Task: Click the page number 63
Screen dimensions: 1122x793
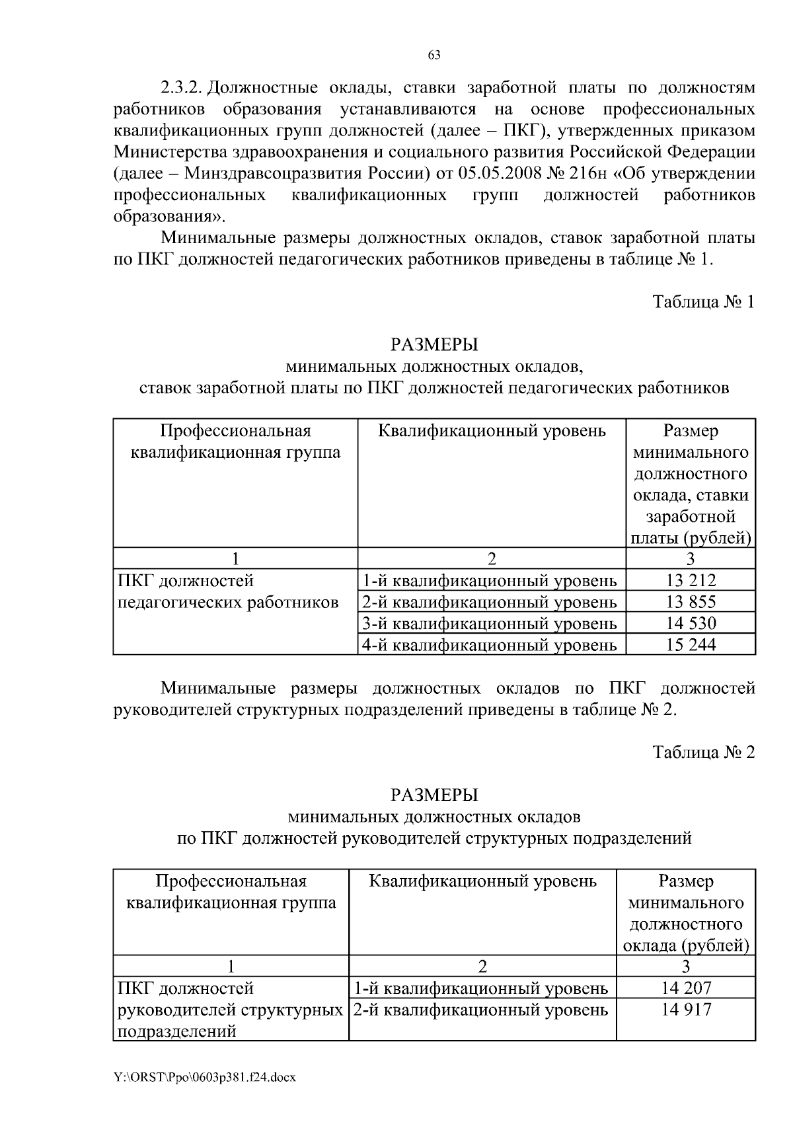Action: [x=434, y=55]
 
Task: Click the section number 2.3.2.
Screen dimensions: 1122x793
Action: [x=184, y=89]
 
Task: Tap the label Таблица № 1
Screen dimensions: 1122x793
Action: [x=703, y=302]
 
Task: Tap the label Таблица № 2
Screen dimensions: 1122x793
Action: [x=703, y=752]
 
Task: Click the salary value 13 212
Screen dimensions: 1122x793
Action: [x=691, y=581]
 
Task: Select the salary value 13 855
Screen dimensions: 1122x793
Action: [x=691, y=602]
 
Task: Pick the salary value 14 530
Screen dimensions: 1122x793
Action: [x=691, y=623]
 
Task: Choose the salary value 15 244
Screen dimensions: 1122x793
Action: [x=691, y=644]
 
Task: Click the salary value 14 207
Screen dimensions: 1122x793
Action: [x=686, y=988]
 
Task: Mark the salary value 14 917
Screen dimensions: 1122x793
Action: [x=686, y=1010]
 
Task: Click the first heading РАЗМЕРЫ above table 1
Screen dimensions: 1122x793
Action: [x=434, y=344]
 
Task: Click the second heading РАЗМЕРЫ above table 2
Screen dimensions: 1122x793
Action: [x=434, y=794]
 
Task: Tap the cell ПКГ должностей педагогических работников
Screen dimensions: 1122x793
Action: [x=228, y=592]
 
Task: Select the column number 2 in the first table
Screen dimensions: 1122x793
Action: [x=491, y=559]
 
